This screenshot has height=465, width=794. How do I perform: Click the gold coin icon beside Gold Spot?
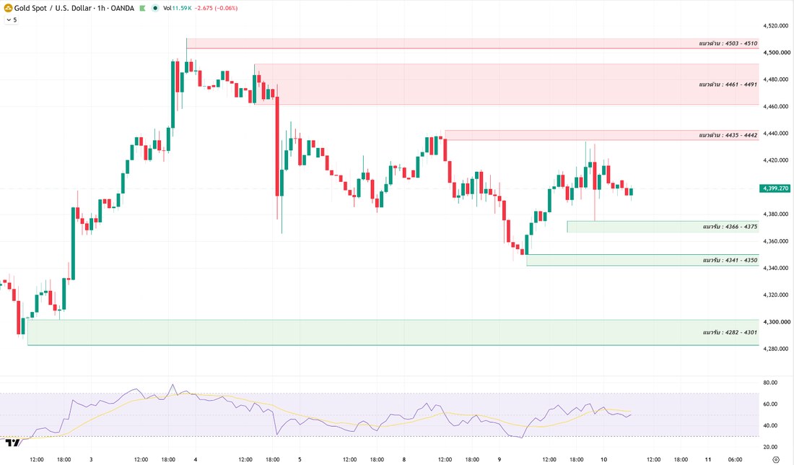click(x=8, y=8)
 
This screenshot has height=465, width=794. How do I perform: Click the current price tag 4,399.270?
click(x=775, y=188)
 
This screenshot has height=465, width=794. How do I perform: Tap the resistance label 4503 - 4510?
click(x=728, y=43)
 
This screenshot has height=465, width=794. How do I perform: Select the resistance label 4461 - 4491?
click(x=728, y=84)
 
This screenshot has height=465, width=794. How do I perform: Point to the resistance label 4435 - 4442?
click(x=728, y=135)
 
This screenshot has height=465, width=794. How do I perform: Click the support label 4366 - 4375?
click(x=730, y=227)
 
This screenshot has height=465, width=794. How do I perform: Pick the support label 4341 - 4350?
click(x=730, y=261)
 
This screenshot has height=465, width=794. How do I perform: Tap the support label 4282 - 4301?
click(x=730, y=332)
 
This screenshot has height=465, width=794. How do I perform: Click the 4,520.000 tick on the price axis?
click(x=777, y=26)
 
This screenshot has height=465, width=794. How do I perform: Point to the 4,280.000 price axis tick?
click(x=777, y=349)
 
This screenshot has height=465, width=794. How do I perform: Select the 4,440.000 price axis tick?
click(x=777, y=134)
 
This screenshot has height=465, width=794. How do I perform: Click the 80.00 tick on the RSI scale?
click(x=770, y=383)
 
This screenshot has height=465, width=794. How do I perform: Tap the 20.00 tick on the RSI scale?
click(x=770, y=447)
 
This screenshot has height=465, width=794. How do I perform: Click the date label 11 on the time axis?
click(x=708, y=459)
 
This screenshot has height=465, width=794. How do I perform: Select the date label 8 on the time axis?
click(x=404, y=459)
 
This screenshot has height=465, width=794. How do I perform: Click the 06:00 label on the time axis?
click(x=736, y=459)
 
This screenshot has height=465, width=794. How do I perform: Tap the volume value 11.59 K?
click(x=182, y=8)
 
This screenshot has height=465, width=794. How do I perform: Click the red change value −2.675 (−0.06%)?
click(x=217, y=8)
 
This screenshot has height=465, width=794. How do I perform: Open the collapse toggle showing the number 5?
click(x=11, y=19)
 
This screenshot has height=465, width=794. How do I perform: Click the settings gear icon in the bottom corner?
click(x=776, y=459)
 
